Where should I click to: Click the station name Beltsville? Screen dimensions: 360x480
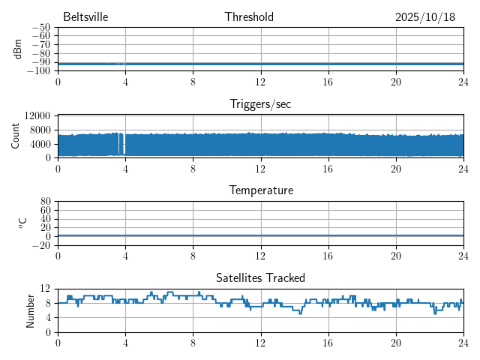coord(86,17)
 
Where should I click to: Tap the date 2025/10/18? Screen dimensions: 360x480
coord(425,17)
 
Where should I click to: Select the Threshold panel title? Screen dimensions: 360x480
coord(249,17)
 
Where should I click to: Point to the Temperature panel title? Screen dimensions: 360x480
coord(260,190)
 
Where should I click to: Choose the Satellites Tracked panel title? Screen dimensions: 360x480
coord(260,278)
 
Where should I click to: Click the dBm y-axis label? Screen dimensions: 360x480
coord(18,49)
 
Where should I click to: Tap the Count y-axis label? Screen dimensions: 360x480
coord(16,136)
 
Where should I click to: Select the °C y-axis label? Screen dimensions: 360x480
coord(22,223)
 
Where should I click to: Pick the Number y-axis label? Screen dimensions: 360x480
coord(31,310)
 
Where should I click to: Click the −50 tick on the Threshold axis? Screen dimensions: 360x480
coord(40,27)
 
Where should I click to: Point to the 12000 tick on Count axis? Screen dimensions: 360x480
coord(37,115)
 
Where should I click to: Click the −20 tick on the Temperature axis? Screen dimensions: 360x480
coord(40,245)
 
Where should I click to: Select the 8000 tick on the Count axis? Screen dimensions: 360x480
coord(40,130)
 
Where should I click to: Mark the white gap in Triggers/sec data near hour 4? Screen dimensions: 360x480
coord(122,143)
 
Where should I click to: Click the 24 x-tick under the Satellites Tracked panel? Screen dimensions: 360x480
coord(463,343)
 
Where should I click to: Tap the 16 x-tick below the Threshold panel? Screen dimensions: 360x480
coord(328,82)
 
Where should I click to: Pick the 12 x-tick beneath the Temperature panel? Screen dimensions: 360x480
coord(260,256)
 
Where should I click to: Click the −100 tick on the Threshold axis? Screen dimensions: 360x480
coord(38,70)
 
